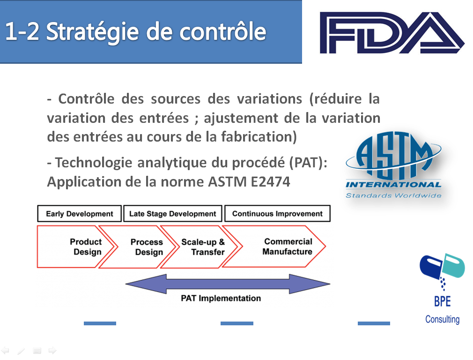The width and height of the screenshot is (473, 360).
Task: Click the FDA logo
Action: pyautogui.click(x=392, y=33)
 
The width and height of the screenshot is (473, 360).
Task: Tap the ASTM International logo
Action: pyautogui.click(x=394, y=165)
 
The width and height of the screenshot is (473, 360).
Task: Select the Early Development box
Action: pyautogui.click(x=80, y=214)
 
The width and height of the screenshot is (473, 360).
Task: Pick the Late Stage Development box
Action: pyautogui.click(x=173, y=214)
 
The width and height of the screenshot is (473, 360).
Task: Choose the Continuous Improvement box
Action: pyautogui.click(x=278, y=214)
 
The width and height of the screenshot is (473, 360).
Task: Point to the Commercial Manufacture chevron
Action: pyautogui.click(x=274, y=247)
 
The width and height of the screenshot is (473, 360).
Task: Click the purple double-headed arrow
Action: pyautogui.click(x=228, y=284)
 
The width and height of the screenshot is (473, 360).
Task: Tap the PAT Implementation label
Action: pyautogui.click(x=221, y=298)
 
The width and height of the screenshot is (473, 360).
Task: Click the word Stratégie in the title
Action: pyautogui.click(x=92, y=32)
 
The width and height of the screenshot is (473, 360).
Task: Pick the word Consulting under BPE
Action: pyautogui.click(x=443, y=319)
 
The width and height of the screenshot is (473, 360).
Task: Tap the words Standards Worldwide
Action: pyautogui.click(x=394, y=195)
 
